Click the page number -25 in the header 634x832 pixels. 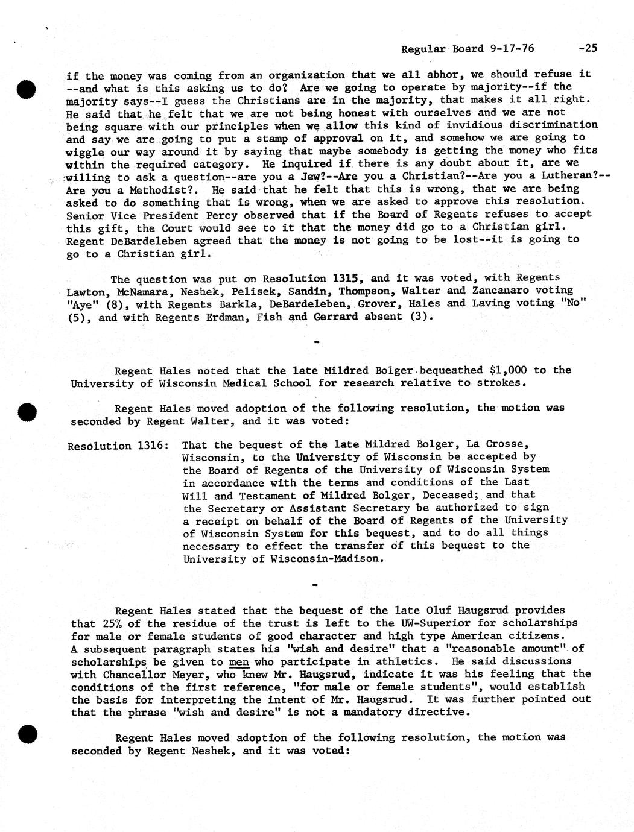(586, 48)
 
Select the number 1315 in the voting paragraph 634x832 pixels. (347, 279)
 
